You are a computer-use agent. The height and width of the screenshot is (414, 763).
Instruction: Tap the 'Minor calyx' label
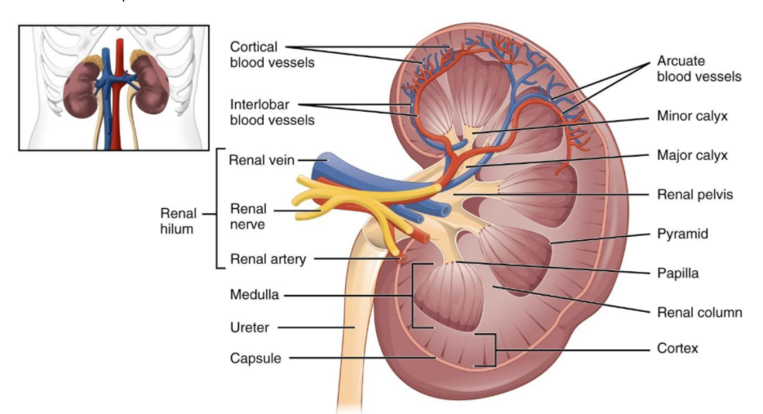point(692,117)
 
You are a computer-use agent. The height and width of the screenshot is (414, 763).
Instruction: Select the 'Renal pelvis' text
point(694,195)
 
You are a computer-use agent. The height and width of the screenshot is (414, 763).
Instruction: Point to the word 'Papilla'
point(678,274)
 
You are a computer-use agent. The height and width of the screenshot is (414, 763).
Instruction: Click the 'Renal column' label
point(699,312)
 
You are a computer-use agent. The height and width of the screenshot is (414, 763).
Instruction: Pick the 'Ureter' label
point(250,327)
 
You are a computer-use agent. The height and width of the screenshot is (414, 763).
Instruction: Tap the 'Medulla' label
point(254,295)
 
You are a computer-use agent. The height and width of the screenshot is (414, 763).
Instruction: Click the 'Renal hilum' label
point(177,220)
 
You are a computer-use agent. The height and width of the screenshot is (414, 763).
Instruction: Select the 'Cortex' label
point(677,349)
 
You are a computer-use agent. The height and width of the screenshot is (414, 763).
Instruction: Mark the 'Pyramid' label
point(682,234)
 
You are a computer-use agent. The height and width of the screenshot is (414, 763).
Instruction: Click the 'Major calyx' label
point(692,155)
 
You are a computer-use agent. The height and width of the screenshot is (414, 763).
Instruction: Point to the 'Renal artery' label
point(268,260)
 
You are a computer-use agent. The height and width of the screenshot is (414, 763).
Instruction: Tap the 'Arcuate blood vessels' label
point(699,69)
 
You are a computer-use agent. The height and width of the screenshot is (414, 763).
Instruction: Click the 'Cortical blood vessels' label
point(272,54)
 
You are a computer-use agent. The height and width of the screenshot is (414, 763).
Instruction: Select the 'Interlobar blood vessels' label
point(272,113)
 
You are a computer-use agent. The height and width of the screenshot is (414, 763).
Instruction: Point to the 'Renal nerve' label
point(247,216)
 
